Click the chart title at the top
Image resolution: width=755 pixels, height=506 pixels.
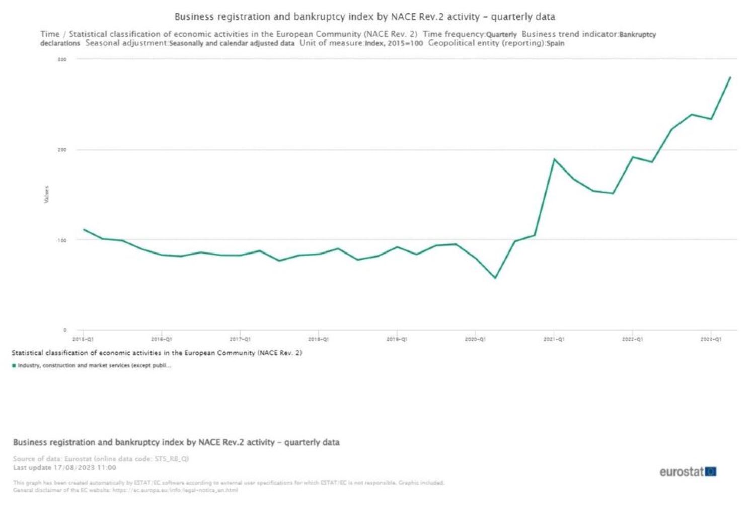coord(364,17)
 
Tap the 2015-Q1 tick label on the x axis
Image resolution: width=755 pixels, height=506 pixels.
coord(83,340)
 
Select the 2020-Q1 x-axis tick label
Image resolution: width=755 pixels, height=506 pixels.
coord(475,340)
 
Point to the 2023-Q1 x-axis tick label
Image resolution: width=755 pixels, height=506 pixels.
coord(711,340)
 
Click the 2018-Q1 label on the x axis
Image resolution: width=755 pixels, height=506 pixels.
coord(318,340)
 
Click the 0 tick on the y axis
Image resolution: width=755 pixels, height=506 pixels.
coord(65,330)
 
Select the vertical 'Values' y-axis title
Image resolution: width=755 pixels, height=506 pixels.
coord(47,194)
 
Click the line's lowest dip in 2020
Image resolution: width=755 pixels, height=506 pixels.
coord(495,278)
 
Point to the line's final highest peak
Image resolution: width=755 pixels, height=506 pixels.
coord(730,77)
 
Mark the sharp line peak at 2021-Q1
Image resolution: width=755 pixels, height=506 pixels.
coord(554,159)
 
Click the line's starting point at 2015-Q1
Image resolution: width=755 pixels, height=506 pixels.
coord(84,229)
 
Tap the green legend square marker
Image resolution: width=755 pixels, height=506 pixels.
coord(14,366)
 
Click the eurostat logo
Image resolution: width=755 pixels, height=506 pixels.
coord(688,472)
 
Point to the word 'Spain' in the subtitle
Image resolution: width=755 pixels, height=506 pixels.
coord(555,43)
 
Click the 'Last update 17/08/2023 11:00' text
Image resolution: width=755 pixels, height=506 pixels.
coord(64,467)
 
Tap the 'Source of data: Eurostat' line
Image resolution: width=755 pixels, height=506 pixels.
coord(101,459)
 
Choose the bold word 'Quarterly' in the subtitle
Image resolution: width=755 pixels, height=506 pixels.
coord(501,35)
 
